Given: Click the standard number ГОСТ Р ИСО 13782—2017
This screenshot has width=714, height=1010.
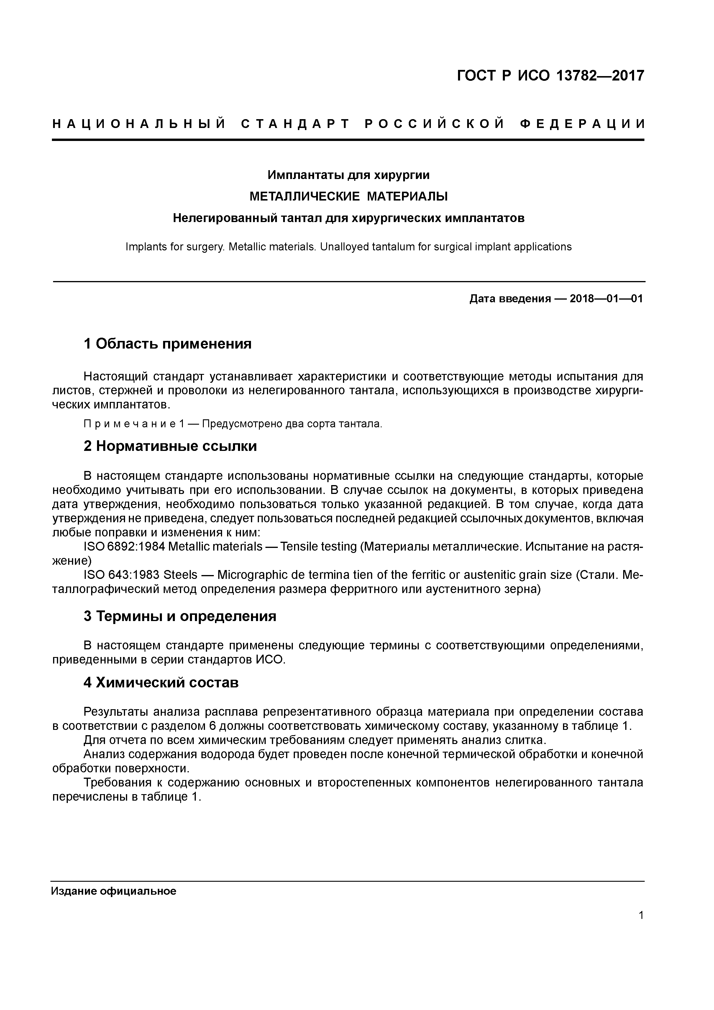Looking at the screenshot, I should [x=550, y=76].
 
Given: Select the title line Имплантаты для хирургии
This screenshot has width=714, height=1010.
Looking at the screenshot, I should [x=348, y=175].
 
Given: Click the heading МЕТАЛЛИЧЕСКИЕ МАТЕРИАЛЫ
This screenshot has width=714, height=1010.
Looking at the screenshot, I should [x=348, y=196].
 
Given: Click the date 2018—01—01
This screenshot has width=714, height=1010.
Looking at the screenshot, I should [x=606, y=299].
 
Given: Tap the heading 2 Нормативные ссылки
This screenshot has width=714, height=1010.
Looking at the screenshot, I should [x=170, y=446].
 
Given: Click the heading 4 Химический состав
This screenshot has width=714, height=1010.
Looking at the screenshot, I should [x=161, y=683].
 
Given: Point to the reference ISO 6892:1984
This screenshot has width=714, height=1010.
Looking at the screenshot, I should [x=124, y=547].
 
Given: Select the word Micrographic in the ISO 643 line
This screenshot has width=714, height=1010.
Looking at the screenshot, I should [x=252, y=575].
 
